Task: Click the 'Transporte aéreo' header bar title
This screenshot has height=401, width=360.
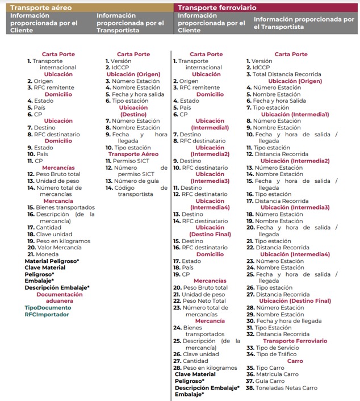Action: click(42, 7)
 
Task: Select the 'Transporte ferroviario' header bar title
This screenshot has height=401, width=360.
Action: click(216, 7)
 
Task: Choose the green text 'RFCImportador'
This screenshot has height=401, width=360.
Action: click(47, 314)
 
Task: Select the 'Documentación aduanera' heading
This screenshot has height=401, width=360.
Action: click(59, 298)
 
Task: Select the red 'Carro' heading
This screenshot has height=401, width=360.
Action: click(295, 361)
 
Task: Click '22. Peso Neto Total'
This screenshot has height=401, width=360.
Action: click(199, 300)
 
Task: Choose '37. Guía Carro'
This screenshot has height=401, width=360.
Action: click(266, 381)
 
